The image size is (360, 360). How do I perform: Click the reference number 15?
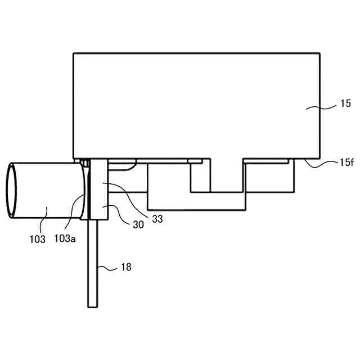(345, 103)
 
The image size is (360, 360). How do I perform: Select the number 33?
(157, 219)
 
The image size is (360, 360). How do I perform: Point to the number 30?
(138, 224)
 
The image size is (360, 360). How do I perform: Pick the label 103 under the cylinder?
(37, 238)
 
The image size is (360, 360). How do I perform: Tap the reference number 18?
(126, 267)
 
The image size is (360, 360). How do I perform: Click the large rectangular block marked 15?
(197, 104)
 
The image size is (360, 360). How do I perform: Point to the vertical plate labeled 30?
(98, 191)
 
